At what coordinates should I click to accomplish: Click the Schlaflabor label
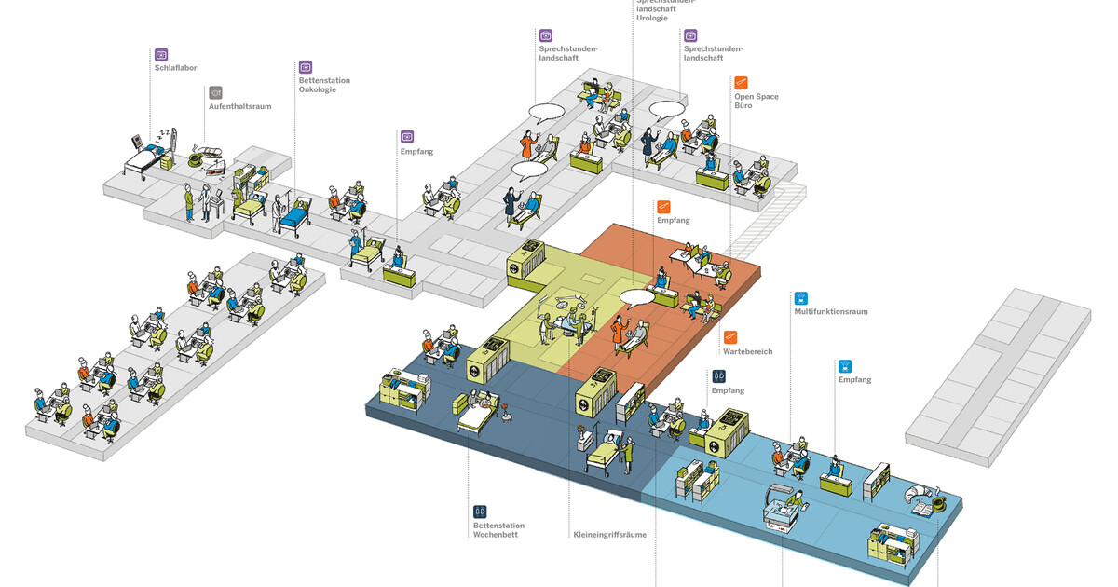click(x=175, y=67)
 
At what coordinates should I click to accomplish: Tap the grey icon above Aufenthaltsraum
click(x=215, y=92)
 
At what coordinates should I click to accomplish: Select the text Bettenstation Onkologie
click(x=324, y=86)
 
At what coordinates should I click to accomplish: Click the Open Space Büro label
click(x=756, y=101)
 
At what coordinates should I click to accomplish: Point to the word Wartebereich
click(x=747, y=351)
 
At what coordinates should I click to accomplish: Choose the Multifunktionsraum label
click(x=830, y=312)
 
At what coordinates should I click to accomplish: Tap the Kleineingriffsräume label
click(x=609, y=535)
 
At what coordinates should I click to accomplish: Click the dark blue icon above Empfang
click(x=718, y=375)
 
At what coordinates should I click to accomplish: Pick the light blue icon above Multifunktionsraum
click(x=800, y=298)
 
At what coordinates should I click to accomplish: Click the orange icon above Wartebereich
click(x=730, y=336)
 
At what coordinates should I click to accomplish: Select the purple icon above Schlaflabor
click(x=161, y=54)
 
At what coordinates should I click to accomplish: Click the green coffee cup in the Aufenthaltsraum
click(x=196, y=160)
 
